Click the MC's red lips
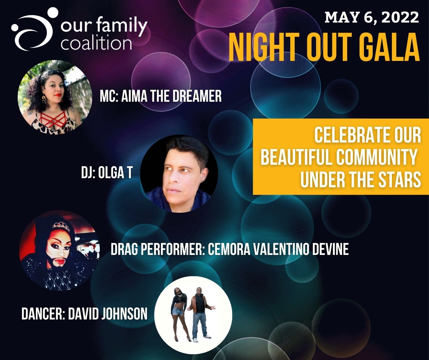coord(58,95)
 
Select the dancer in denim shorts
coord(180,315)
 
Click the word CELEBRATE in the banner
coord(352,135)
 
